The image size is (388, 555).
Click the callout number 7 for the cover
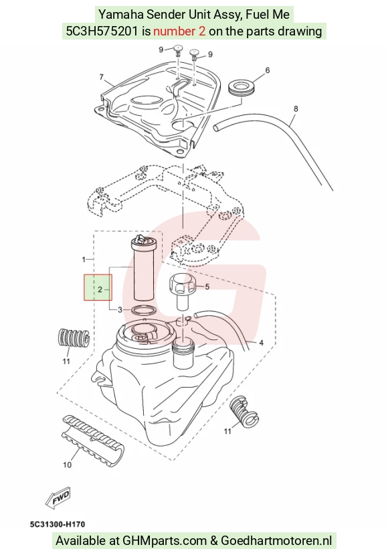[102, 77]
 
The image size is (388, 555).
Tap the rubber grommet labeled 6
[241, 88]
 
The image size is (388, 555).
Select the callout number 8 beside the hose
[296, 108]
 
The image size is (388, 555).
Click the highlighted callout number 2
[100, 289]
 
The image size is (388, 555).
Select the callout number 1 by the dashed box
[84, 260]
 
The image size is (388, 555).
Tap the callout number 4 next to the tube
[261, 343]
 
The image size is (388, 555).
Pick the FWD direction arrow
[58, 497]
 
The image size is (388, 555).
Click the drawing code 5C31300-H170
[58, 524]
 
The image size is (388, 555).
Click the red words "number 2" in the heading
[179, 31]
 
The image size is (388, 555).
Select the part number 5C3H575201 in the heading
[102, 31]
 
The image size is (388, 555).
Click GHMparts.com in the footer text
[165, 541]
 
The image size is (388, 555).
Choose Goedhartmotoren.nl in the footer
[276, 541]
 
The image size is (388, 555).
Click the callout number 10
[67, 465]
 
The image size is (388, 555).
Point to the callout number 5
[207, 287]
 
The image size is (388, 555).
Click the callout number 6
[268, 70]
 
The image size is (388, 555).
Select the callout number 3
[120, 310]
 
